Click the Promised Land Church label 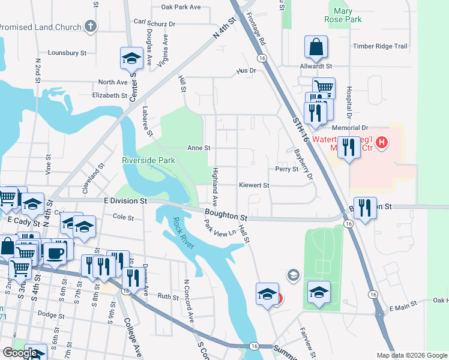tap(40, 27)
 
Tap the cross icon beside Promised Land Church tap(90, 26)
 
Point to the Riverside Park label tap(148, 160)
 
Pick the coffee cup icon tap(56, 253)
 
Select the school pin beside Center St tap(131, 58)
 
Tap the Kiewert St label tap(254, 185)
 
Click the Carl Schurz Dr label tap(154, 23)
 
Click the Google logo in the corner tap(19, 353)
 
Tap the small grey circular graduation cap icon tap(293, 275)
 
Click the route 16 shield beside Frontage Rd tap(262, 58)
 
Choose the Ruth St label tap(168, 296)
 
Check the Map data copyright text tap(411, 355)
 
